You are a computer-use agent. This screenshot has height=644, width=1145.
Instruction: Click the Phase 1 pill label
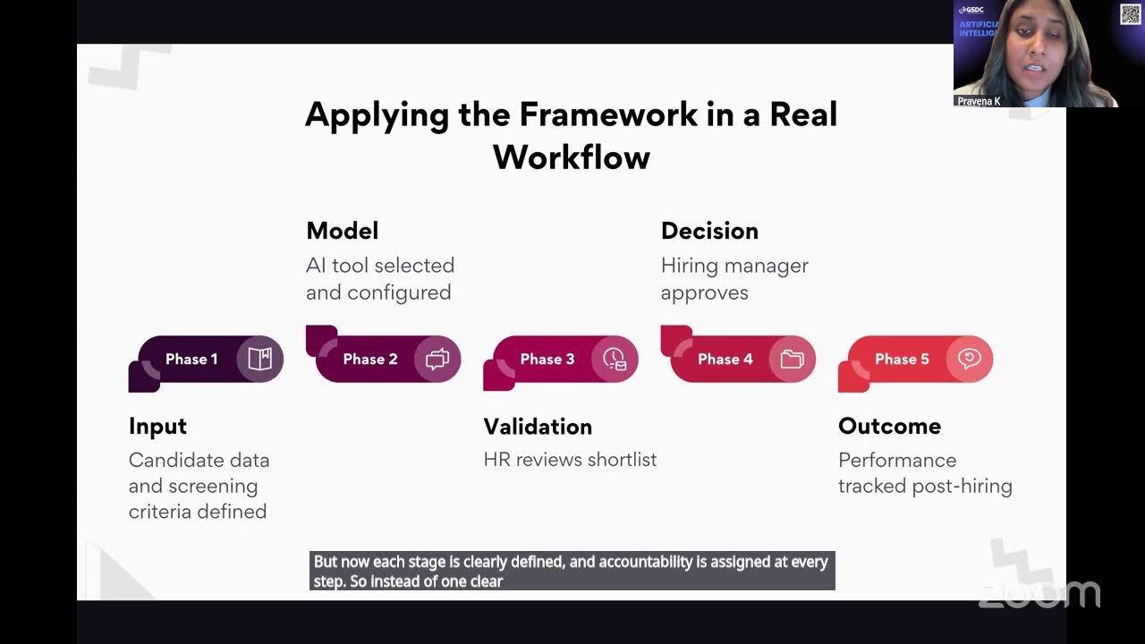191,360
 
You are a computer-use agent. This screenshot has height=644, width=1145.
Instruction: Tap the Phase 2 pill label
369,360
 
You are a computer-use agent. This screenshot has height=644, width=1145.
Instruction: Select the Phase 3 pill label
547,360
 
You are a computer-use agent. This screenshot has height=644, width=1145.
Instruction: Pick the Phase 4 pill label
725,360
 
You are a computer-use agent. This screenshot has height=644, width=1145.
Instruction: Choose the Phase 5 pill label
902,360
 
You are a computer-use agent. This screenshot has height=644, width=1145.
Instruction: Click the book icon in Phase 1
260,360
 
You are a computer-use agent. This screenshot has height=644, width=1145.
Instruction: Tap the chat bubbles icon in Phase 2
437,360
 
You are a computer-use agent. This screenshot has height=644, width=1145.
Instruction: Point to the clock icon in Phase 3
615,360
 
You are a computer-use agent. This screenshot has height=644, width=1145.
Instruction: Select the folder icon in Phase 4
792,360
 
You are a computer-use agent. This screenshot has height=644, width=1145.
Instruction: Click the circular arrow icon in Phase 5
969,360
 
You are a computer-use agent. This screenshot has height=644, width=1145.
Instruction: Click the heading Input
157,427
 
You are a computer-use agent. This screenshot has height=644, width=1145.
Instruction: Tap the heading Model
342,231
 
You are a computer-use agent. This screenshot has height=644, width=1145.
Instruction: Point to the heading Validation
538,427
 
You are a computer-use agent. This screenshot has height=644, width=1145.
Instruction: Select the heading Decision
709,231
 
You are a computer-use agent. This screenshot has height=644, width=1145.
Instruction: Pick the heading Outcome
889,427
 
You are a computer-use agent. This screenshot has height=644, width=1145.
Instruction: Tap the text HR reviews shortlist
570,460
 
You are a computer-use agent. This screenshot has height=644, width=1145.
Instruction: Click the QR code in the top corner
1130,14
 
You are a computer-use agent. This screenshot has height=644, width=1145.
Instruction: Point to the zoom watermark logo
1039,594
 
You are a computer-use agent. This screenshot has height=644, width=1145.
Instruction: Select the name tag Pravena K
979,101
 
